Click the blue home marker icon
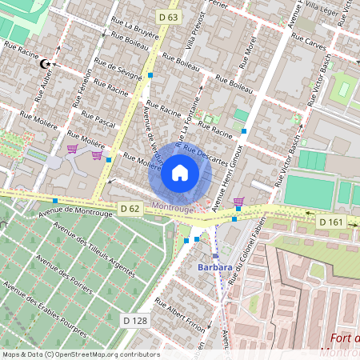pyautogui.click(x=180, y=173)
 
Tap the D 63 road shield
pyautogui.click(x=169, y=17)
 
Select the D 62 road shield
pyautogui.click(x=130, y=209)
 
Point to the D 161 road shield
pyautogui.click(x=330, y=221)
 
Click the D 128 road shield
pyautogui.click(x=135, y=320)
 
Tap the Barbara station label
pyautogui.click(x=215, y=267)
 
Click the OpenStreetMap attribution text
pyautogui.click(x=80, y=354)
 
